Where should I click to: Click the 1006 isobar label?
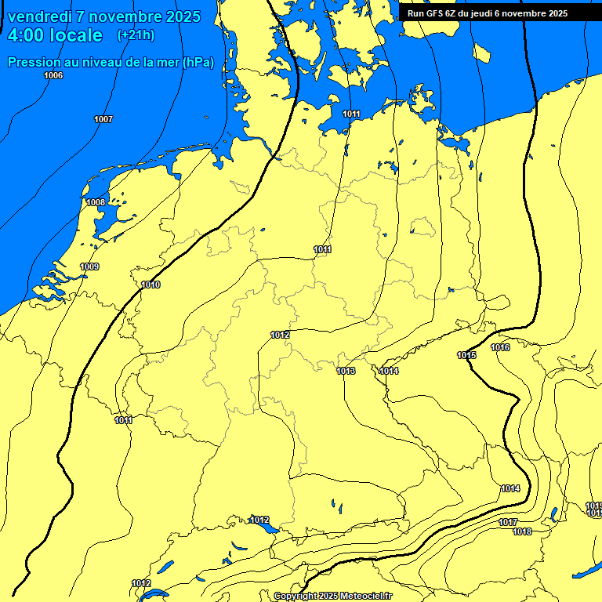(53, 75)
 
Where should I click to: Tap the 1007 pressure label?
(103, 119)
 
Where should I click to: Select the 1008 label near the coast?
(96, 202)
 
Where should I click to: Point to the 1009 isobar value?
(90, 267)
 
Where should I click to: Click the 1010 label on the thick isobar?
(151, 285)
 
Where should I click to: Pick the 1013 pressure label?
(346, 371)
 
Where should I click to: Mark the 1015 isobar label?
(466, 355)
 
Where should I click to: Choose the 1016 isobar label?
(500, 347)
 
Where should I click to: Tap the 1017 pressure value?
(508, 522)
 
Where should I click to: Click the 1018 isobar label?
(522, 531)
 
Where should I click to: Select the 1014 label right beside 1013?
(389, 371)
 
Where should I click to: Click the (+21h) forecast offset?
(136, 35)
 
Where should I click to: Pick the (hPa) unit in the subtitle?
(198, 63)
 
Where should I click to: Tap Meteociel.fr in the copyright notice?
(363, 596)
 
